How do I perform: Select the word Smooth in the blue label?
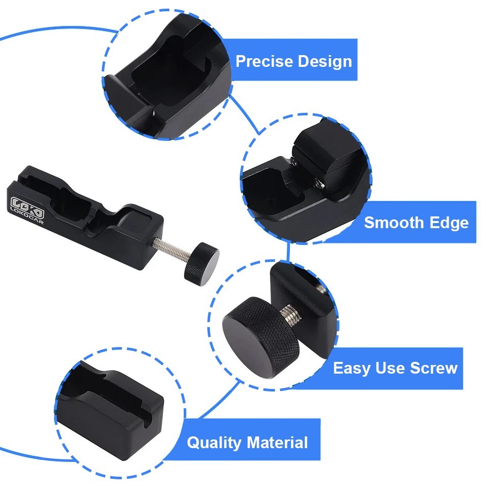[x=394, y=223]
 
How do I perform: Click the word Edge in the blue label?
[x=449, y=223]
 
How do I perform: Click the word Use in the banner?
[x=390, y=368]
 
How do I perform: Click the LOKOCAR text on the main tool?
[x=27, y=215]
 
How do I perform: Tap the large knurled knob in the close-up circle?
[x=261, y=337]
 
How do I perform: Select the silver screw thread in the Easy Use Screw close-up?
[x=290, y=314]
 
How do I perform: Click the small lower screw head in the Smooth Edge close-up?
[x=318, y=184]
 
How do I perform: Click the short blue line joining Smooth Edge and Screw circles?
[x=288, y=252]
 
